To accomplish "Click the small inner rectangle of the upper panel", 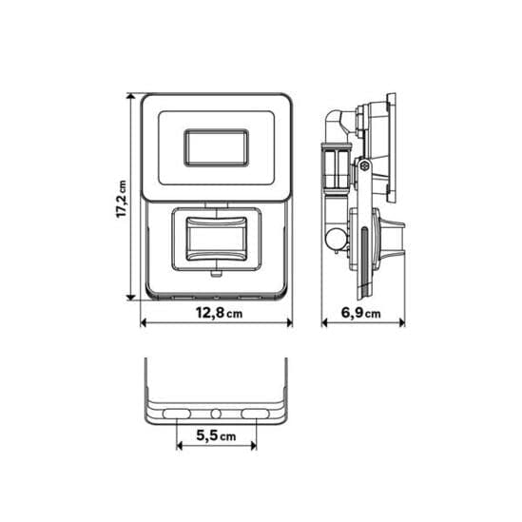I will click(216, 148).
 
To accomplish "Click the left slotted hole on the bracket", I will click(176, 415).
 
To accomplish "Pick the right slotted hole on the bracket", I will click(256, 415).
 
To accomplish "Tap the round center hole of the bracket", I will click(216, 415).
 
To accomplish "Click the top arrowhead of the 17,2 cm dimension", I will click(131, 97).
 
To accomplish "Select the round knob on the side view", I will click(334, 238).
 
